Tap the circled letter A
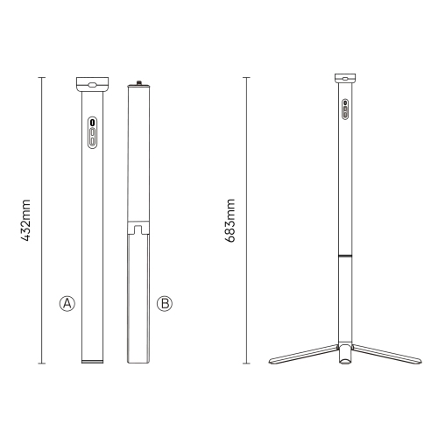click(66, 304)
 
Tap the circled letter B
click(164, 304)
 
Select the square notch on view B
click(138, 230)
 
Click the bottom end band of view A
click(92, 360)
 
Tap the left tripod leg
click(302, 355)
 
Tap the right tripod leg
click(383, 355)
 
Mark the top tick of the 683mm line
click(246, 77)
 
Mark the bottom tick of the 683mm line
click(246, 363)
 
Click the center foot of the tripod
click(344, 356)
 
